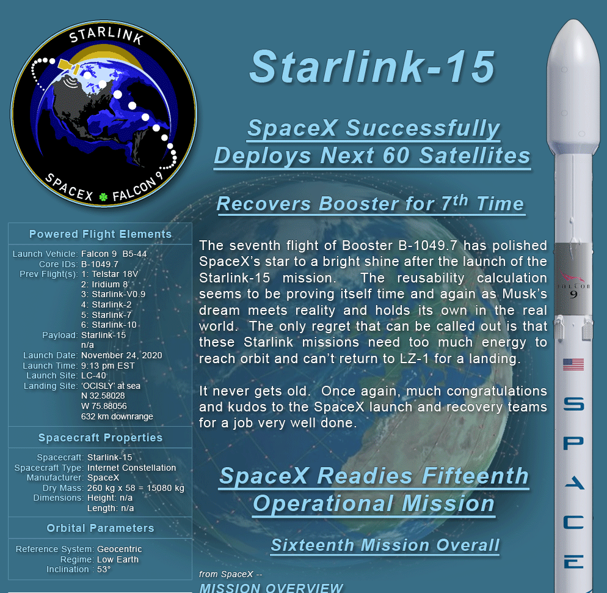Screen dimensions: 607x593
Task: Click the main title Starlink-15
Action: [x=372, y=67]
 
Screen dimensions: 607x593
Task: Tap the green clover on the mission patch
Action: [x=103, y=197]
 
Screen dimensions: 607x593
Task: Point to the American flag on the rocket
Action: [x=573, y=364]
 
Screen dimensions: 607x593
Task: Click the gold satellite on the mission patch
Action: [x=69, y=66]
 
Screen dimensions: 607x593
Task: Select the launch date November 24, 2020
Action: [x=122, y=355]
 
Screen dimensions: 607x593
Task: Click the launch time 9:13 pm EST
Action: [x=108, y=366]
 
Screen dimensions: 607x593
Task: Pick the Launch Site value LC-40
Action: [x=93, y=375]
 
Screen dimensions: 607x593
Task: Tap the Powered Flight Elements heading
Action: [x=100, y=234]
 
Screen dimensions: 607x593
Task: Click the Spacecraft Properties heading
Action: [x=100, y=438]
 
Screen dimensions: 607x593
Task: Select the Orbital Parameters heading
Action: [x=100, y=528]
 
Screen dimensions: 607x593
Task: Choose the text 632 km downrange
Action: [x=117, y=416]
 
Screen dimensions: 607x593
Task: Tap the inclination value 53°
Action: [x=104, y=569]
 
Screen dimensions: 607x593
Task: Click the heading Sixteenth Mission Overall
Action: [x=385, y=545]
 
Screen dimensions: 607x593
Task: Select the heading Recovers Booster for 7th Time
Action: [x=371, y=203]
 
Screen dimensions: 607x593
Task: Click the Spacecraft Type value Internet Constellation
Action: [x=132, y=468]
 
